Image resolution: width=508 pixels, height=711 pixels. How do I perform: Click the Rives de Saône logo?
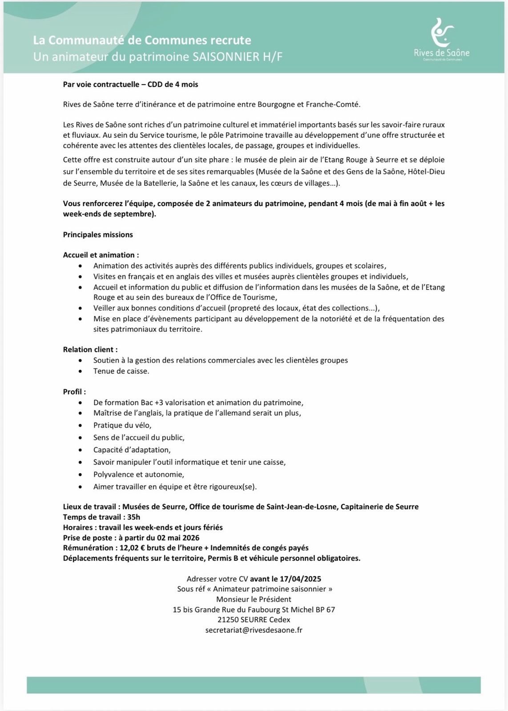(x=441, y=39)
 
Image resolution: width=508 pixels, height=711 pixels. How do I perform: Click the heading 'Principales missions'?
(x=98, y=234)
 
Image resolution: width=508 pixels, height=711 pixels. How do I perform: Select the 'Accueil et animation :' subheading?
(x=101, y=255)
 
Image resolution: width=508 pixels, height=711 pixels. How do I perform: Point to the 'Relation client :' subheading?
(x=90, y=349)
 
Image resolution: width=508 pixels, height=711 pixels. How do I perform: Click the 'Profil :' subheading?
(x=74, y=391)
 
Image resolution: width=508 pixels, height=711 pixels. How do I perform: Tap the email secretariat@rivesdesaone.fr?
(x=254, y=630)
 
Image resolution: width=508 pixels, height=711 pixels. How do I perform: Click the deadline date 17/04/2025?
(x=300, y=579)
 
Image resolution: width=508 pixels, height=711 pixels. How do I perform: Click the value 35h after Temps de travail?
(x=133, y=517)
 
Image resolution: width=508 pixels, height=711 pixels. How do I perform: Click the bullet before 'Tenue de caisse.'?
(x=80, y=371)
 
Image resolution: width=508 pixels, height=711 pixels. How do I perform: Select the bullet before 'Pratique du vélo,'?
(x=80, y=426)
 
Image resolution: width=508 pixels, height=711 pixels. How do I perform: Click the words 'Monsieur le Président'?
(x=254, y=599)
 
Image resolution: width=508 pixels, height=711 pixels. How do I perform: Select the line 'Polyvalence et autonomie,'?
(x=138, y=474)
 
